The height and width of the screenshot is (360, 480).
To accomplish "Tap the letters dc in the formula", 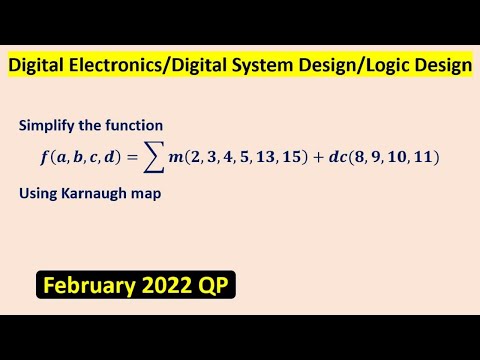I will tap(331, 157).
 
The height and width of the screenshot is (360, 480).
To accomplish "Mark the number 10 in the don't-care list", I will tap(392, 157).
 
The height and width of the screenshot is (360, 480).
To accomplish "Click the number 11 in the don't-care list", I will tap(420, 157).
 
